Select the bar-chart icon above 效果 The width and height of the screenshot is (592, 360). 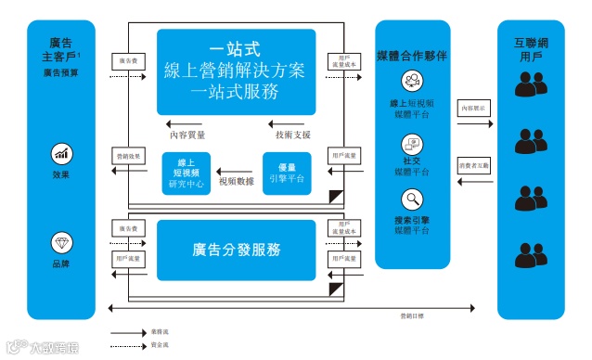coord(61,153)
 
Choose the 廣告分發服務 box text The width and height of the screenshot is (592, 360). coord(237,250)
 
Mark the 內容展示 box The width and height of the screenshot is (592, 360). coord(475,108)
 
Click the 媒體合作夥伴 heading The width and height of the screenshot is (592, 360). coord(412,55)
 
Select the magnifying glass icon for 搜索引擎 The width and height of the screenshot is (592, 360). coord(412,199)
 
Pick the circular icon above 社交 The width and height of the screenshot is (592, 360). coord(412,144)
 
